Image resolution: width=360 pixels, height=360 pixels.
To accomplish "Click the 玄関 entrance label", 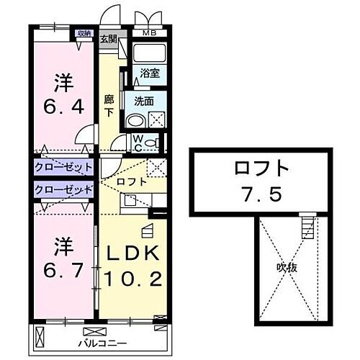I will pyautogui.click(x=109, y=38).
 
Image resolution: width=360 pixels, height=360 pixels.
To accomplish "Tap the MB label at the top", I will pyautogui.click(x=149, y=33).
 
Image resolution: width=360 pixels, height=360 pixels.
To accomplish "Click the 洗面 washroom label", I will pyautogui.click(x=144, y=102).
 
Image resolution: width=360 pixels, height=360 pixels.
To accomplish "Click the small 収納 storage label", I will pyautogui.click(x=85, y=32).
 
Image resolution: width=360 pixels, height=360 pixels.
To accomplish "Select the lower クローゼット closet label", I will pyautogui.click(x=63, y=189).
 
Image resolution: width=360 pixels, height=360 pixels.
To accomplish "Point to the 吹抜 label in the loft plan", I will pyautogui.click(x=287, y=267).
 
